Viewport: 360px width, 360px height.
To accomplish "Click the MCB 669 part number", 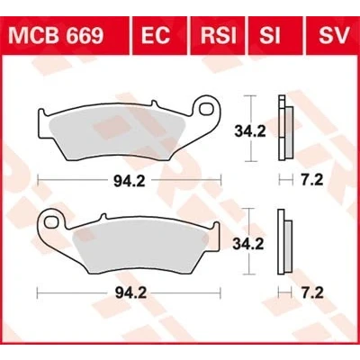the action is [56, 36].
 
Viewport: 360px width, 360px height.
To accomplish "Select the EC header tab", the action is [156, 36].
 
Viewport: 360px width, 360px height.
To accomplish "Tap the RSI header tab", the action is [218, 36].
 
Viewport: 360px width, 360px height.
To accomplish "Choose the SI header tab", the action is [270, 36].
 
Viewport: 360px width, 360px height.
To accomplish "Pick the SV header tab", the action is [334, 36].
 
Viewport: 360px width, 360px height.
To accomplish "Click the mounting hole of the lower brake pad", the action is [50, 222].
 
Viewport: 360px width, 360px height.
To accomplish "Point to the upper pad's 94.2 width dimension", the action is [130, 181].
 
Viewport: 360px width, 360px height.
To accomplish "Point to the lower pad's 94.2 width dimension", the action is [130, 293].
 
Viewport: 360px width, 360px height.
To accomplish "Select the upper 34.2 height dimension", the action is [250, 131].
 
